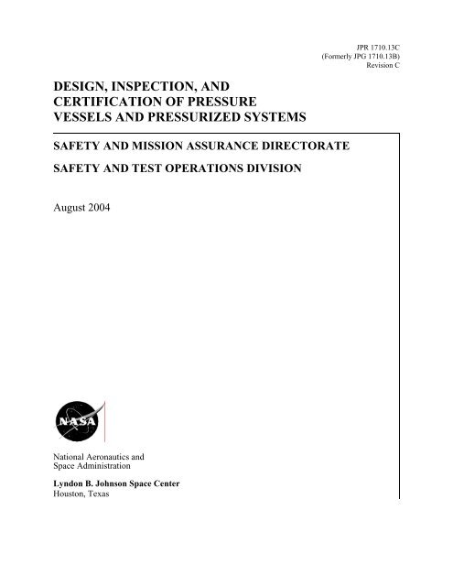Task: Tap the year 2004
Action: point(116,211)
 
